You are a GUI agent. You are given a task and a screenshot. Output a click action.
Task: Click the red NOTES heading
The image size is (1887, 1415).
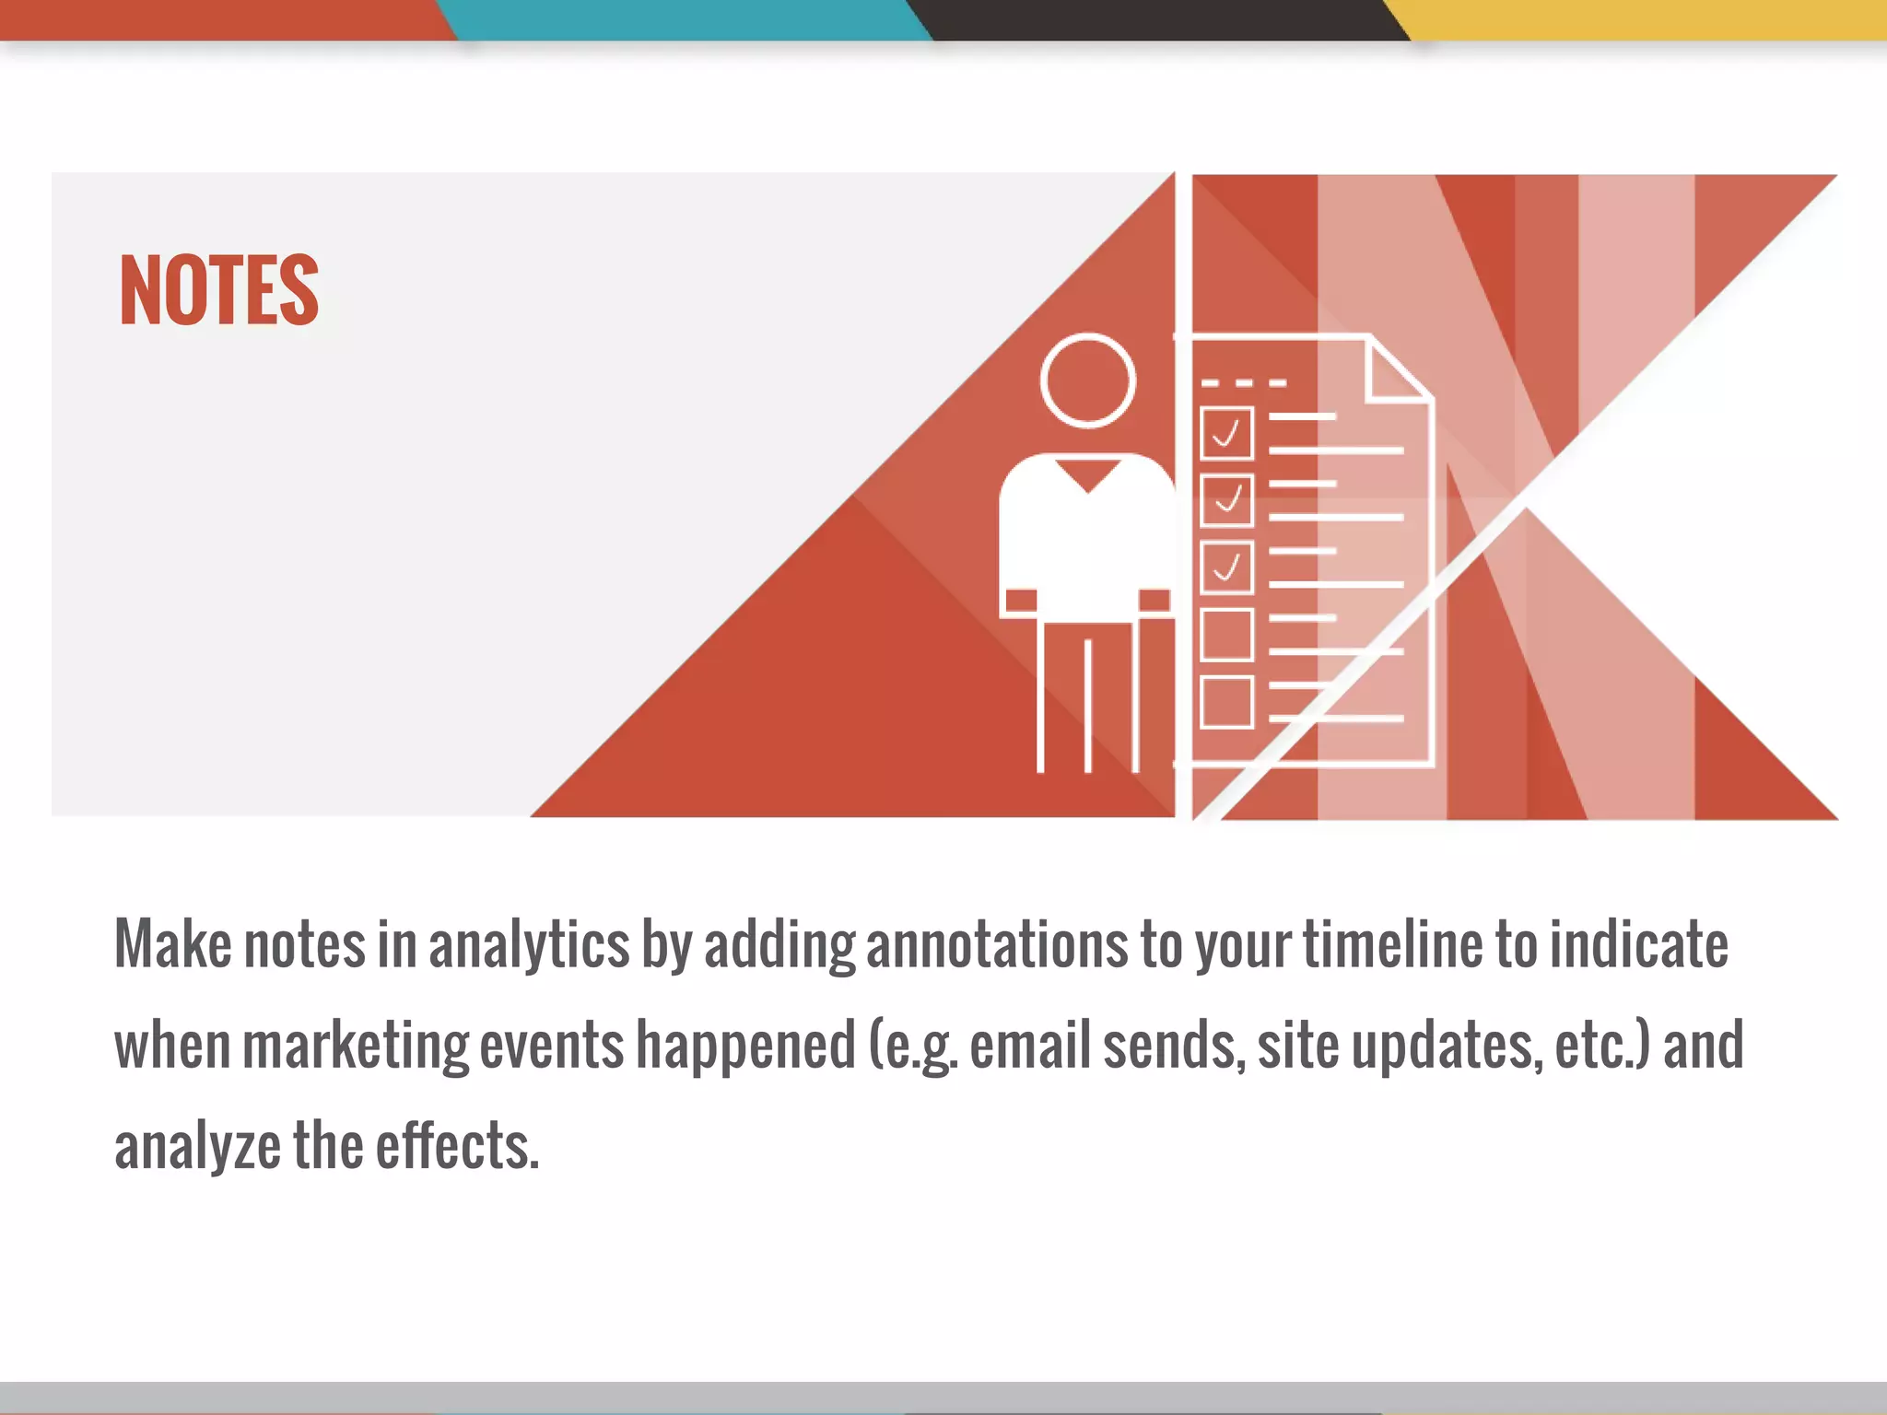click(x=219, y=290)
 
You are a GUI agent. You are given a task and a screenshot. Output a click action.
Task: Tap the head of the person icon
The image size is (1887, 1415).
click(x=1087, y=380)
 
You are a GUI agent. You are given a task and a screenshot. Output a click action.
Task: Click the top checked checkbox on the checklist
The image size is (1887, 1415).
click(x=1226, y=433)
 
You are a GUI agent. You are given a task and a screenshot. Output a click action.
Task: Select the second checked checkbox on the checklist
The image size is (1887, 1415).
click(x=1226, y=500)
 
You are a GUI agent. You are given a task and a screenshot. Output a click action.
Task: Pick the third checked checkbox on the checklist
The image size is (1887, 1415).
click(x=1226, y=567)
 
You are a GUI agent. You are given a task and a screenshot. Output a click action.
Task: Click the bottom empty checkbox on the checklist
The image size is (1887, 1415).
click(x=1226, y=702)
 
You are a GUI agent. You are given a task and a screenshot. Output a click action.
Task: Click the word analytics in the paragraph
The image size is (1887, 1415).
click(x=529, y=945)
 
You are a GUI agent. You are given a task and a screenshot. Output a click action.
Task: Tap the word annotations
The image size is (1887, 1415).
click(x=997, y=945)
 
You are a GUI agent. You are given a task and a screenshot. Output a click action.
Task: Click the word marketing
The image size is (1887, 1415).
click(x=356, y=1047)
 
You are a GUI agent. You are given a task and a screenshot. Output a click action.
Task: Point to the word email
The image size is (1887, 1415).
click(x=1029, y=1047)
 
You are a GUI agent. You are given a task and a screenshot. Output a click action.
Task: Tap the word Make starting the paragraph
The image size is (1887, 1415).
click(x=172, y=945)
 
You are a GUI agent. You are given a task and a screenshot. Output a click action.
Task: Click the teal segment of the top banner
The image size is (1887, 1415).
click(x=686, y=19)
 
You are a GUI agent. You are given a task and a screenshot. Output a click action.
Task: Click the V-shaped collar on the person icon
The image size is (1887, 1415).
click(x=1088, y=475)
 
